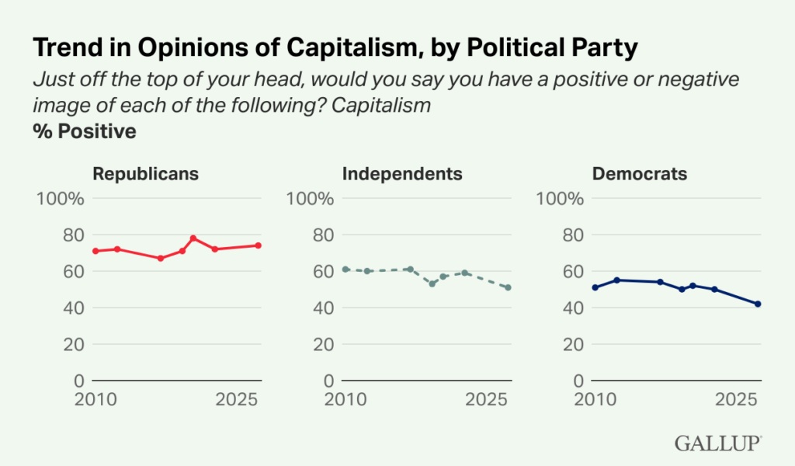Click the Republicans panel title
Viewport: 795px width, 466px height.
click(x=145, y=173)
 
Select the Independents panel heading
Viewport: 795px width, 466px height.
click(x=402, y=173)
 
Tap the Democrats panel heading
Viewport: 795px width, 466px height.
click(x=640, y=173)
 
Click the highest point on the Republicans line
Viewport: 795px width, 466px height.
click(x=193, y=238)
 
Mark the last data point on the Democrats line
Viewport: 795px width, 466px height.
click(x=758, y=304)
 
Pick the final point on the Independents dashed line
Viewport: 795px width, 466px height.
click(x=508, y=287)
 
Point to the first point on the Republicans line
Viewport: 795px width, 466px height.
click(x=95, y=251)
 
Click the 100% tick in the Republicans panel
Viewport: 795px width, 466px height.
click(x=61, y=198)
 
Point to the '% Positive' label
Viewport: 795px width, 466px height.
click(x=85, y=131)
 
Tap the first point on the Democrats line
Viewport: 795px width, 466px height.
click(x=595, y=287)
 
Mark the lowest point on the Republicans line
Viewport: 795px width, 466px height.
click(x=161, y=258)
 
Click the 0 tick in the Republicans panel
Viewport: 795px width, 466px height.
click(x=78, y=381)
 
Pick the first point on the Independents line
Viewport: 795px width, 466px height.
click(x=345, y=269)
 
